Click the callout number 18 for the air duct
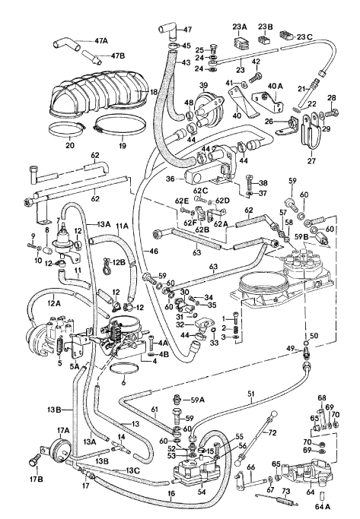153,92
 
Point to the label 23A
240,27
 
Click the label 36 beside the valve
170,179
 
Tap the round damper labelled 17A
61,448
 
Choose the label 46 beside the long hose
154,251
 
